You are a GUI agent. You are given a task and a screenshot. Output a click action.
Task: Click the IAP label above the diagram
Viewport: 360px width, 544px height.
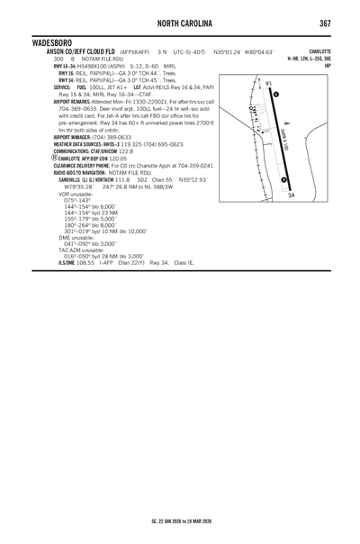(x=328, y=65)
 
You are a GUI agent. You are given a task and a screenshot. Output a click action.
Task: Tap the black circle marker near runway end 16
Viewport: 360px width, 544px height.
(x=274, y=95)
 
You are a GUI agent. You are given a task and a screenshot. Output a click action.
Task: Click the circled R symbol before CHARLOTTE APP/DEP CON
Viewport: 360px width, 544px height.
(x=56, y=159)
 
